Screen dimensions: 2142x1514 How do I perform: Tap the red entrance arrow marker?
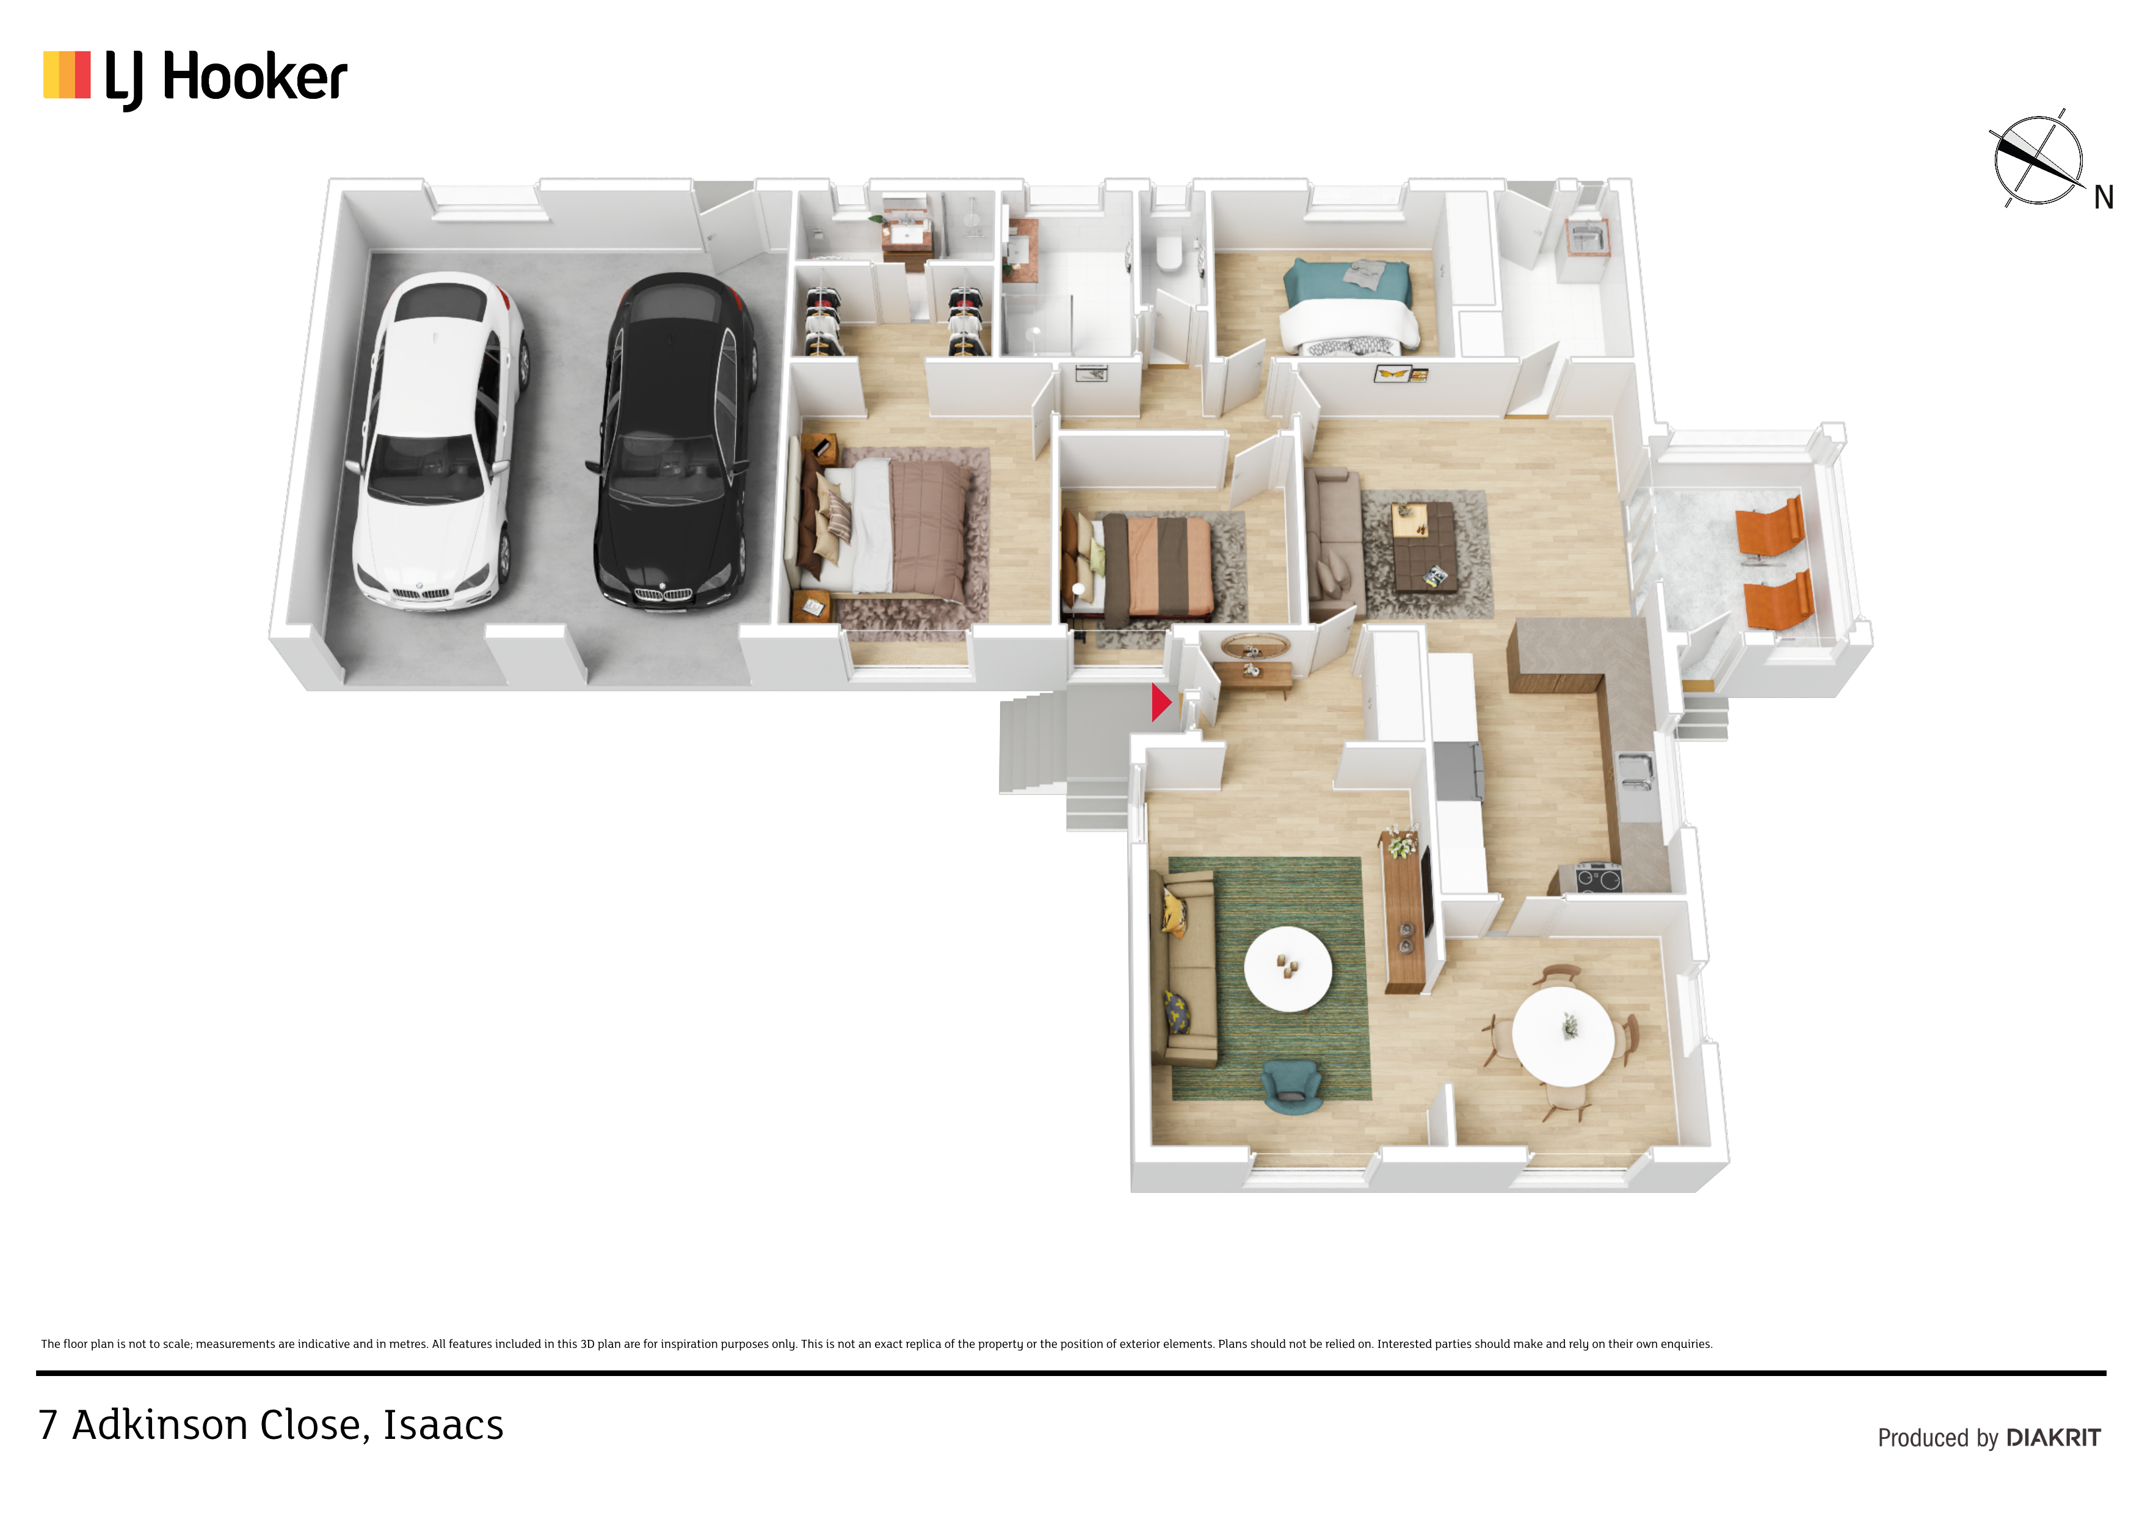(1161, 703)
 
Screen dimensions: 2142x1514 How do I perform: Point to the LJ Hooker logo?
(195, 78)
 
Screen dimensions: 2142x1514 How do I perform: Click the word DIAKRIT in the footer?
(2053, 1438)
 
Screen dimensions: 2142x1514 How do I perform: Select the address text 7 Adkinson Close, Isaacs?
(270, 1424)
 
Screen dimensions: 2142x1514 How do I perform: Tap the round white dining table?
(1563, 1035)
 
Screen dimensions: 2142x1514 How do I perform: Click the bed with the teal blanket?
(1349, 307)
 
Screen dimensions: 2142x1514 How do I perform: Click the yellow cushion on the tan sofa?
(1173, 912)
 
